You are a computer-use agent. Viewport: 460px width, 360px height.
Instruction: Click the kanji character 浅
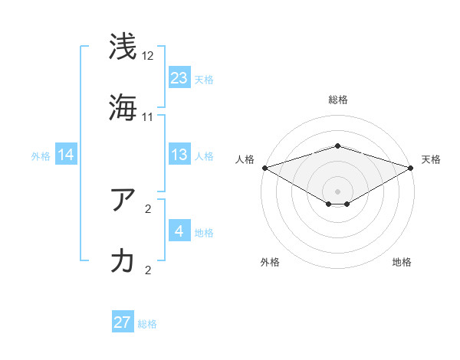tap(123, 46)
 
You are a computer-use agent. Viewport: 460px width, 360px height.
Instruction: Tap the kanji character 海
tap(123, 106)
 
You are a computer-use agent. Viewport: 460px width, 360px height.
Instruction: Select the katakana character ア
tap(123, 198)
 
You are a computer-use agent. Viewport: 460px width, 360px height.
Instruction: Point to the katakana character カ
tap(123, 260)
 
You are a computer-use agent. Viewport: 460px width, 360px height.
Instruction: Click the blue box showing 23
tap(179, 77)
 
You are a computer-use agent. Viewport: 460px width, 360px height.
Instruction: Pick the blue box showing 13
tap(179, 155)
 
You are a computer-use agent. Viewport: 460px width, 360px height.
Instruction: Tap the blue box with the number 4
tap(179, 231)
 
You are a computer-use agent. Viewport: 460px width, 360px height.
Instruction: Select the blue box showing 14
tap(66, 155)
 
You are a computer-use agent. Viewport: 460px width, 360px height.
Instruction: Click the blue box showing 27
tap(123, 322)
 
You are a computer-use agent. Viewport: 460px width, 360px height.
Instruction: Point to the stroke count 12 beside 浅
tap(148, 56)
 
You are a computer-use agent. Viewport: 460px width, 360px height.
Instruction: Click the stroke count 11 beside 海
tap(148, 117)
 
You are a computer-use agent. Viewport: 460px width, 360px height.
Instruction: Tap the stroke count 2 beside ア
tap(148, 208)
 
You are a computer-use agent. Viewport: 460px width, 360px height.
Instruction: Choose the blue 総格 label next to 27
tap(147, 324)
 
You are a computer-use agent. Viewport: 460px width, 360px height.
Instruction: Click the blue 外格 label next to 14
tap(41, 156)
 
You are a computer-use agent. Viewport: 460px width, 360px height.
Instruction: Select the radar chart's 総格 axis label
tap(337, 100)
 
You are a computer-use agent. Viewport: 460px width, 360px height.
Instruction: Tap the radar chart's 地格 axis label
tap(402, 262)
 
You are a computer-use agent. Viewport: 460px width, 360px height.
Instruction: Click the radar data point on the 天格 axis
tap(412, 168)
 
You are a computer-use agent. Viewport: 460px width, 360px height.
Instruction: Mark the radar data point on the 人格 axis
tap(264, 168)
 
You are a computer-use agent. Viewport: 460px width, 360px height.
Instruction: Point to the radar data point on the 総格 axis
tap(337, 146)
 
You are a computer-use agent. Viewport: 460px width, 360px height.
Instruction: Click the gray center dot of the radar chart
tap(337, 191)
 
